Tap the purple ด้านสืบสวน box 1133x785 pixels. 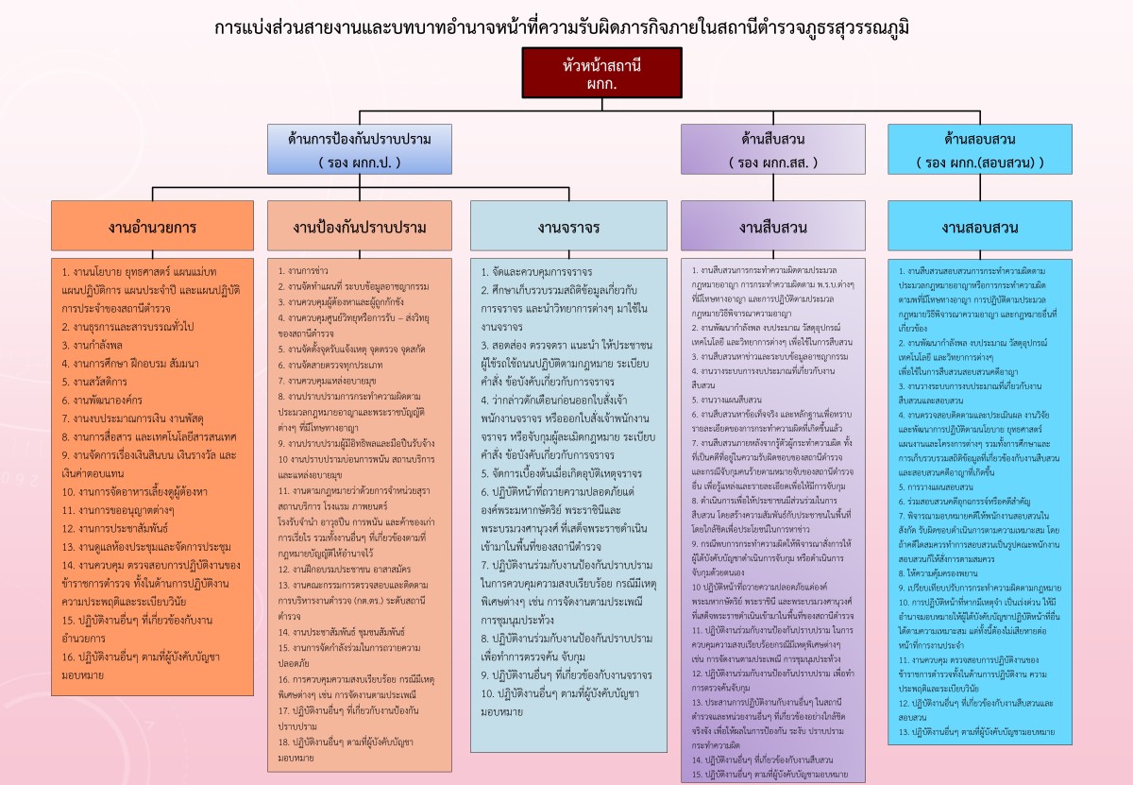point(772,149)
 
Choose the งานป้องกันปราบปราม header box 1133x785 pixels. point(360,227)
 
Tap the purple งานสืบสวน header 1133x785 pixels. point(772,227)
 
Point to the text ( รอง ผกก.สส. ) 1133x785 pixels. point(772,162)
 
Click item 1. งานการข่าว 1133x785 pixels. point(300,270)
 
